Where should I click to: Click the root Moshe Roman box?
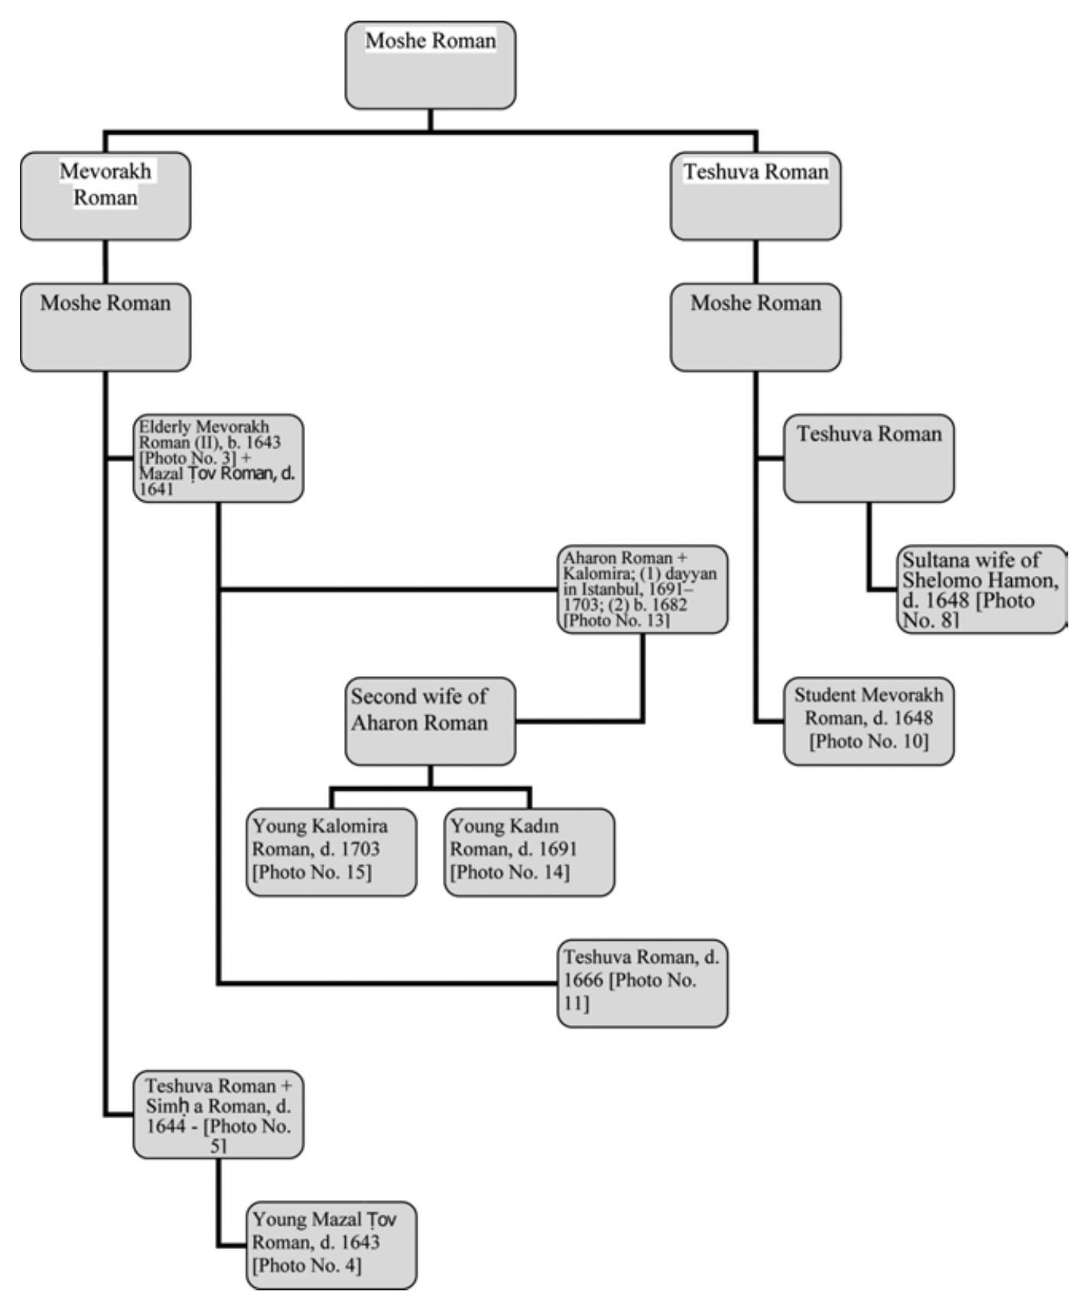[x=431, y=65]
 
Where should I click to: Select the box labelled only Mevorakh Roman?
[x=106, y=196]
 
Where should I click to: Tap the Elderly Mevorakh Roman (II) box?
[x=219, y=458]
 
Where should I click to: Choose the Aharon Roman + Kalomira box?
[x=642, y=589]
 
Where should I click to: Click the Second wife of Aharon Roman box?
[x=431, y=721]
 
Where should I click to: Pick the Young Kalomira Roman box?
[x=332, y=851]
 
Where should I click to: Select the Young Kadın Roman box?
[x=529, y=851]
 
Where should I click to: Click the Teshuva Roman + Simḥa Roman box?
[x=219, y=1114]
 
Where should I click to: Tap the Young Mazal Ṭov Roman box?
[x=332, y=1245]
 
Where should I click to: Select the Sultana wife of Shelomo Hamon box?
[x=981, y=589]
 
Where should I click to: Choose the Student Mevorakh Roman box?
[x=869, y=721]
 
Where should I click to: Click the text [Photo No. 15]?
[x=312, y=872]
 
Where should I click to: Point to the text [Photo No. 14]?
[x=510, y=872]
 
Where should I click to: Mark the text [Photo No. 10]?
[x=869, y=741]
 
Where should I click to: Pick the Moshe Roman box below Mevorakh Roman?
[x=106, y=327]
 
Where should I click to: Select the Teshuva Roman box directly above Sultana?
[x=869, y=458]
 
